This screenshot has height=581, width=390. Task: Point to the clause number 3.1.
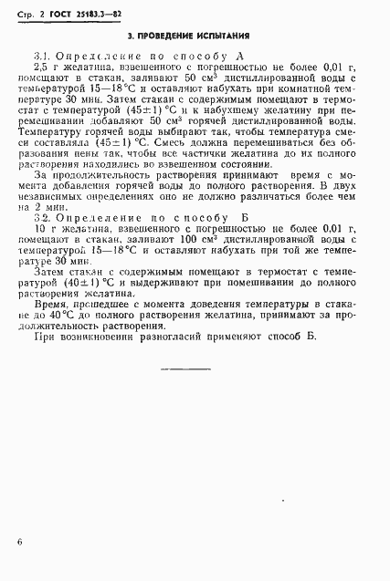pyautogui.click(x=41, y=57)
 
